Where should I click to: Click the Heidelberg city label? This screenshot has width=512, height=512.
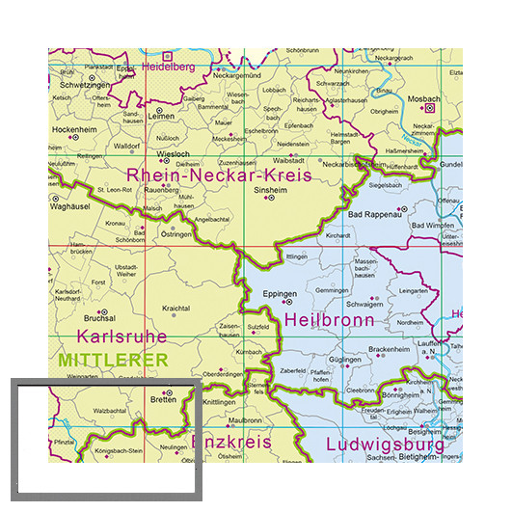(169, 67)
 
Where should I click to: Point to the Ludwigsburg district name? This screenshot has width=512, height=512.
(385, 445)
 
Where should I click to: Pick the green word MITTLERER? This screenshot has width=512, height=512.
(113, 360)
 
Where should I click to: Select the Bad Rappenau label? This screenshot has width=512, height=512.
(374, 214)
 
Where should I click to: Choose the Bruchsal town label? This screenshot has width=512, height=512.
(98, 318)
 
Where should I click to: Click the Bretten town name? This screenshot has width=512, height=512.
(161, 401)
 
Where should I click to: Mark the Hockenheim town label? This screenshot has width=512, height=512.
(75, 128)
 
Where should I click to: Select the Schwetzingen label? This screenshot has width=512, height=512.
(75, 85)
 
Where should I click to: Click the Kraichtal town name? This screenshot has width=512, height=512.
(175, 308)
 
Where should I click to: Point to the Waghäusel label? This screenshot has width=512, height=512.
(69, 205)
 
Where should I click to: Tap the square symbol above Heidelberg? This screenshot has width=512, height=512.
(166, 56)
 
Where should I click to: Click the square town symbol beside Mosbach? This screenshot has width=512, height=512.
(429, 109)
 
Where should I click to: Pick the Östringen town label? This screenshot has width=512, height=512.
(175, 234)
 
